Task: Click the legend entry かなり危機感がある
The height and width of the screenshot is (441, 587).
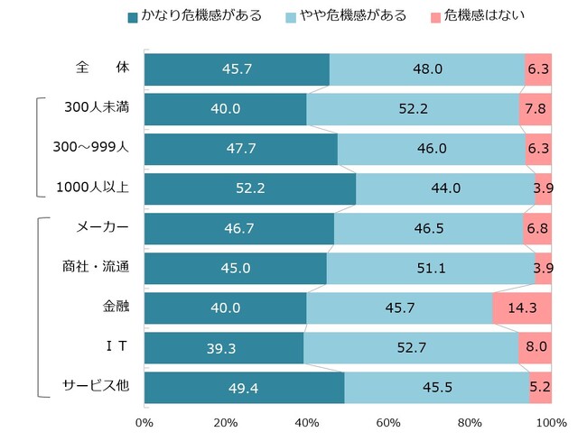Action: (x=195, y=16)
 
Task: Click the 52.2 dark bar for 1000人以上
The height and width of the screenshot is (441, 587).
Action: (x=249, y=188)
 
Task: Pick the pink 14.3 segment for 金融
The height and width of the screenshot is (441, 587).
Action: (x=521, y=308)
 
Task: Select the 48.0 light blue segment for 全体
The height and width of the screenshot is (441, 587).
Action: (x=426, y=69)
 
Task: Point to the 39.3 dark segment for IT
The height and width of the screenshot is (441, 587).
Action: (x=223, y=347)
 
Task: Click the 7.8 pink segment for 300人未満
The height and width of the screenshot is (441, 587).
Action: (x=535, y=109)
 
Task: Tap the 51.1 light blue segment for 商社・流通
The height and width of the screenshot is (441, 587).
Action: (x=430, y=268)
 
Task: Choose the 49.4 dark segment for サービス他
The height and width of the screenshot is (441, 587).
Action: (x=244, y=387)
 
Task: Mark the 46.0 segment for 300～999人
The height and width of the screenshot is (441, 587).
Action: (x=431, y=149)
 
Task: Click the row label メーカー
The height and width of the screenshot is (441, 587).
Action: (x=102, y=227)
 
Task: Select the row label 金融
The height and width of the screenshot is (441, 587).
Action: (x=116, y=307)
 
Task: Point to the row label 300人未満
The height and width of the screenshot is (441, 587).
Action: (x=97, y=108)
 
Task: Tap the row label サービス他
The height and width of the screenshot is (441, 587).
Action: (x=96, y=385)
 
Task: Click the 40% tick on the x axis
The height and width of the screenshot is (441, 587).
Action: (x=306, y=422)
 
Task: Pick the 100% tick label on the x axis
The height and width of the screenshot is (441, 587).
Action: (x=551, y=422)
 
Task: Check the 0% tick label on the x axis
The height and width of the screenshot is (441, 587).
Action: (x=144, y=422)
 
